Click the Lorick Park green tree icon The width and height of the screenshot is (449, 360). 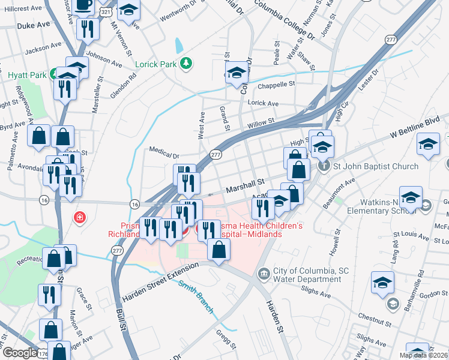[x=187, y=62]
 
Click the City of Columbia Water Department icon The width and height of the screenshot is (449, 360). [x=264, y=274]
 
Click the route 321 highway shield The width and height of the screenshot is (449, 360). [x=106, y=11]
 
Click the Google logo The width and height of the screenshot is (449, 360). [x=19, y=353]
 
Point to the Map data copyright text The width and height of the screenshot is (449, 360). [x=423, y=355]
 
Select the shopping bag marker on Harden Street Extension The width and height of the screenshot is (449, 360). [x=218, y=249]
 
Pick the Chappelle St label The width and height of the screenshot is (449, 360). [x=277, y=85]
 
